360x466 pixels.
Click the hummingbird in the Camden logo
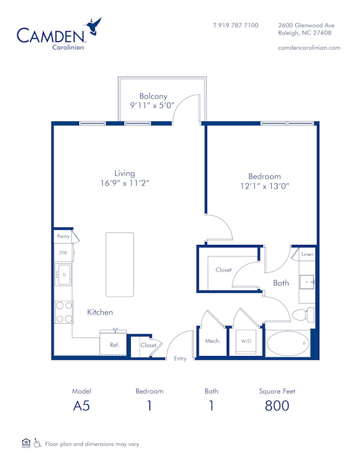(x=94, y=27)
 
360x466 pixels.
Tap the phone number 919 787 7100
(x=236, y=25)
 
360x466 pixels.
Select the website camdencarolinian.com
(x=310, y=47)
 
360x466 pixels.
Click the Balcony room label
(x=153, y=96)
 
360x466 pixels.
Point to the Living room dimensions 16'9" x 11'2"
(x=125, y=183)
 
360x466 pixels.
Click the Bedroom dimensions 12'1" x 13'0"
(x=265, y=186)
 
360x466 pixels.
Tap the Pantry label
(x=63, y=237)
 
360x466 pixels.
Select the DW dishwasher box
(x=63, y=253)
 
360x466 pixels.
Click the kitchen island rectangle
(x=119, y=264)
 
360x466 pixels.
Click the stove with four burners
(x=64, y=312)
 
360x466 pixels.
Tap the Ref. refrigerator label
(x=114, y=345)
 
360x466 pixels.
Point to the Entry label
(x=180, y=359)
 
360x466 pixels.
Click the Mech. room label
(x=213, y=341)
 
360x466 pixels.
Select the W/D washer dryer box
(x=246, y=341)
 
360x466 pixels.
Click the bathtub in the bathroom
(x=287, y=345)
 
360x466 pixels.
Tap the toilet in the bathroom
(x=302, y=315)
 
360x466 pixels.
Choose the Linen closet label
(x=307, y=255)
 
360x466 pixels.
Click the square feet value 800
(x=277, y=405)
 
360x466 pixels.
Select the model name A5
(x=81, y=405)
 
